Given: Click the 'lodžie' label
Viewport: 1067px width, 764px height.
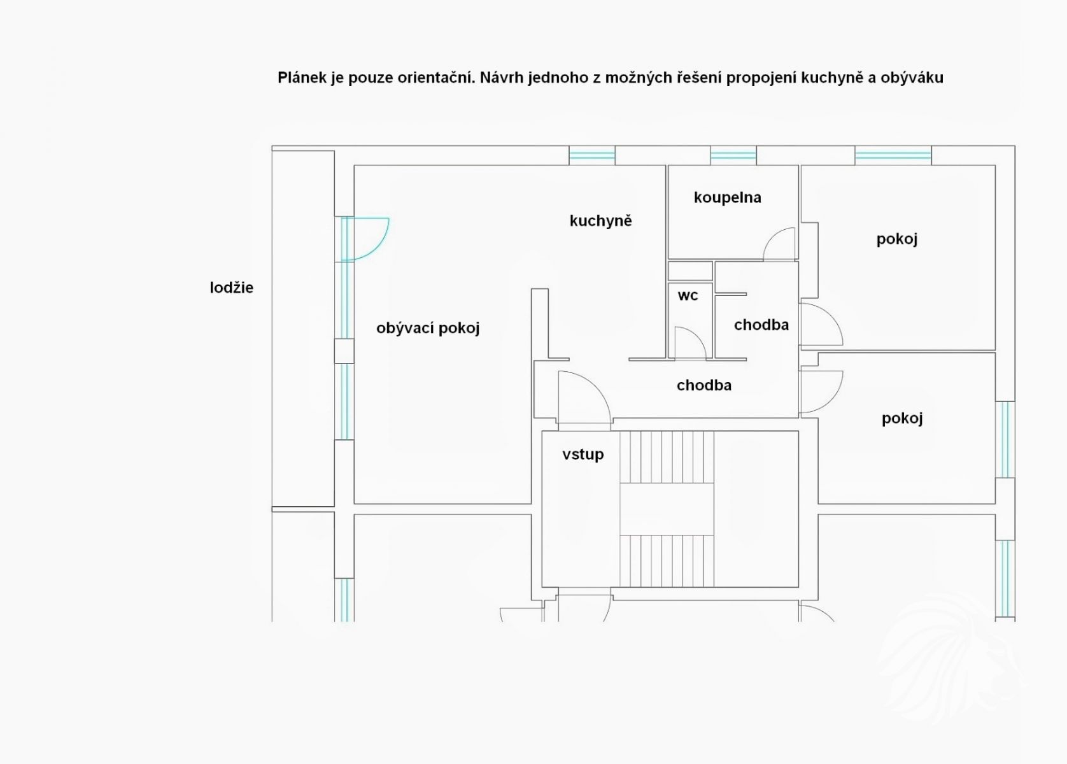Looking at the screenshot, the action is point(232,288).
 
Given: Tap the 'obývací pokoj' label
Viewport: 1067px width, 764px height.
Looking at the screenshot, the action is point(428,328).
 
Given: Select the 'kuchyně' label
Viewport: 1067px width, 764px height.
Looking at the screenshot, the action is point(600,220).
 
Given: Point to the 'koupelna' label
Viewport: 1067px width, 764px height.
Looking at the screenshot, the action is point(728,197).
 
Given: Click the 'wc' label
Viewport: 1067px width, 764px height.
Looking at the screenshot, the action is point(688,296).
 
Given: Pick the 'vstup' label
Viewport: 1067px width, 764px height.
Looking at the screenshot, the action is point(583,455).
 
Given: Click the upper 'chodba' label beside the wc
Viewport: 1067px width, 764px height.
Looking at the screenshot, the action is point(761,325).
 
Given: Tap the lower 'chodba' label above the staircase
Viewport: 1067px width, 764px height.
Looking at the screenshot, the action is point(704,385).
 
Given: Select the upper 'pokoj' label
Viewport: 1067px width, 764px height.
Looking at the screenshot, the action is point(897,239).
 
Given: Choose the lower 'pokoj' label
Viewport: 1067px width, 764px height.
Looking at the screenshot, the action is point(902,419).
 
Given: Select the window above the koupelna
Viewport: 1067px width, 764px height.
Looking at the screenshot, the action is point(733,156).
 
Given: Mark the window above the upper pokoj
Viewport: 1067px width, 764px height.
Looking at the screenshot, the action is point(893,156).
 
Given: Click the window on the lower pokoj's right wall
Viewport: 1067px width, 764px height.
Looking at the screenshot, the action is point(1005,440).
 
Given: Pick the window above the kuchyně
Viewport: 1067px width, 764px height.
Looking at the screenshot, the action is point(592,156).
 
